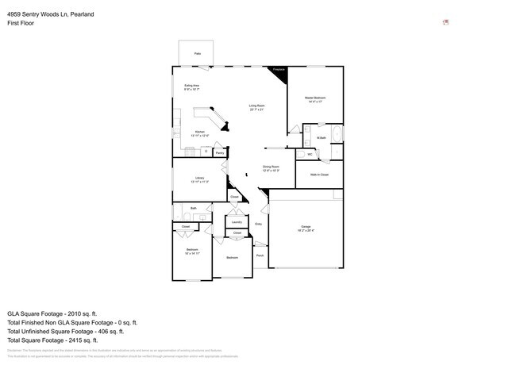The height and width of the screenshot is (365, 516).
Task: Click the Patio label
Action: tap(197, 54)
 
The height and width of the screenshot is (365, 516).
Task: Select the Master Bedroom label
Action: tap(315, 99)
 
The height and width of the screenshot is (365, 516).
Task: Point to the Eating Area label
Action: tap(191, 87)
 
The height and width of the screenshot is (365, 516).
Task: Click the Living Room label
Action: tap(256, 107)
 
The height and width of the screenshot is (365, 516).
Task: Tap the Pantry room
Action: tap(218, 151)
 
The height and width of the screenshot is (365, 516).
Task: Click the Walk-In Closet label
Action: tap(319, 175)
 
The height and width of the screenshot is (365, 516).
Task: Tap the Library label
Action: tap(199, 179)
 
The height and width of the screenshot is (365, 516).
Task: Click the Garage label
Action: tap(306, 229)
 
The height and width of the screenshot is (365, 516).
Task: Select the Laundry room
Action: tap(237, 222)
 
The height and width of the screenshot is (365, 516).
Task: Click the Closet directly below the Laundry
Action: tap(237, 233)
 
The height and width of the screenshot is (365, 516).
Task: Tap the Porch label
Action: tap(260, 255)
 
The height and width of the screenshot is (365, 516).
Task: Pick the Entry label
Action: tap(259, 225)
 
